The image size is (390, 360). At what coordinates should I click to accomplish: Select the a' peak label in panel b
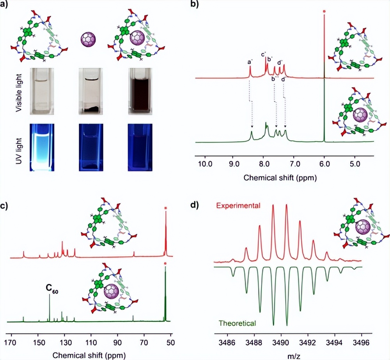pos(250,62)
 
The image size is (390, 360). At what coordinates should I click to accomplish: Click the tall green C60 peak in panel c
pos(50,308)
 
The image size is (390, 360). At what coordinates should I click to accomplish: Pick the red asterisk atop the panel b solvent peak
pos(324,11)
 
